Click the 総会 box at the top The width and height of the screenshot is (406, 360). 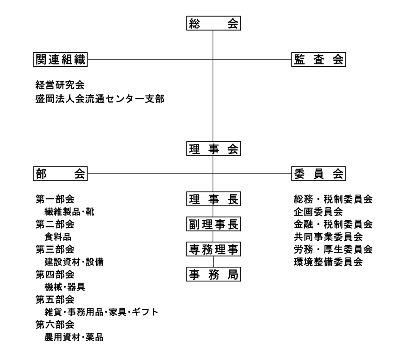point(213,23)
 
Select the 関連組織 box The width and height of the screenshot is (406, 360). point(60,59)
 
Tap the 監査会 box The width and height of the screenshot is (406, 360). point(318,59)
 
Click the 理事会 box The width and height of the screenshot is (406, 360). point(213,149)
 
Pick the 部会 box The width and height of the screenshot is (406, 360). point(60,174)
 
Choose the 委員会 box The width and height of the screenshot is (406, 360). point(318,174)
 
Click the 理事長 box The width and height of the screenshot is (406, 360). point(213,199)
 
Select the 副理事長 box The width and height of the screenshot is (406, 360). point(213,224)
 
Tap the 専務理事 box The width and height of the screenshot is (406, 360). point(213,249)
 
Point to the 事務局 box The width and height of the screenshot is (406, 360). point(213,274)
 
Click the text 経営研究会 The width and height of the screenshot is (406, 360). point(60,85)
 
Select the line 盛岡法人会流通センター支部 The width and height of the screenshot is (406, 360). point(100,99)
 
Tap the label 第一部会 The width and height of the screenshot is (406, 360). point(55,199)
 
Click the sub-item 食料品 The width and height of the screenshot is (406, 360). point(58,237)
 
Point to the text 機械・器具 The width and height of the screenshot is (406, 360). point(65,287)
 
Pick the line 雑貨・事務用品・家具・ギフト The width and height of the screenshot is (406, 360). point(101,312)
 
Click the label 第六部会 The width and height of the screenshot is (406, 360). point(55,324)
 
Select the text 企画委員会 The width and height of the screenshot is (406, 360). point(318,212)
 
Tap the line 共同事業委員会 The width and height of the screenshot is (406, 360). point(328,237)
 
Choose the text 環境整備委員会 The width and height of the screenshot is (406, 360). point(328,262)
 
